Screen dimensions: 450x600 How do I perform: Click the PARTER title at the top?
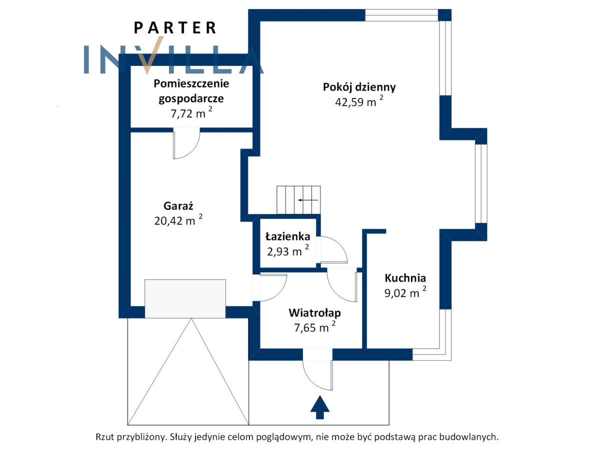coord(175,27)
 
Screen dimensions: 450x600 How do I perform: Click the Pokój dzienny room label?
coord(359,87)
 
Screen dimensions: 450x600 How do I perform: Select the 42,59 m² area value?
coord(359,102)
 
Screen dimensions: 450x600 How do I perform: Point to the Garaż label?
coord(178,205)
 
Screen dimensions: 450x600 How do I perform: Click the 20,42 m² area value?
coord(178,220)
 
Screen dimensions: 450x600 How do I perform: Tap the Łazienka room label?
coord(287,236)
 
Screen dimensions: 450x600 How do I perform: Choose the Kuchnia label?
coord(405,278)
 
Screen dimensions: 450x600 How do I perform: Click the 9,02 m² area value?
coord(405,293)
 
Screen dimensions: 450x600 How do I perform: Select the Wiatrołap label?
coord(314,313)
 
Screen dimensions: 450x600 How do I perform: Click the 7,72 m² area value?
coord(191,113)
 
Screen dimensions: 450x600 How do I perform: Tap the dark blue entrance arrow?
coord(320,407)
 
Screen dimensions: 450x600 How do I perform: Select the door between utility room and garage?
coord(186,143)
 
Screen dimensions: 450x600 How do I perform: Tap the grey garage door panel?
coord(185,298)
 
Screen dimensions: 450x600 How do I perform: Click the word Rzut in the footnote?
coord(105,436)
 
